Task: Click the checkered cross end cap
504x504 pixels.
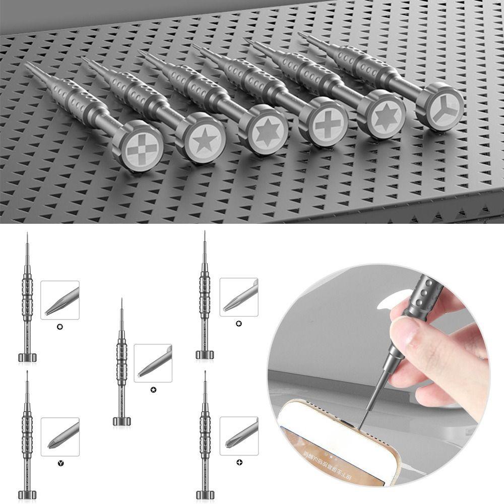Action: point(138,147)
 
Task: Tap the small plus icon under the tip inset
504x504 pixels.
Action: point(238,462)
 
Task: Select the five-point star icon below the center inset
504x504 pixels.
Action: point(153,389)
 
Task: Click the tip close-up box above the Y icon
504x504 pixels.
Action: point(60,436)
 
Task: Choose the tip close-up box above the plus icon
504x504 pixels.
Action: point(239,436)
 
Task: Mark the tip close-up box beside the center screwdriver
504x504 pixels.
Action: point(153,363)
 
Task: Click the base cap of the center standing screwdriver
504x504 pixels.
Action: point(121,421)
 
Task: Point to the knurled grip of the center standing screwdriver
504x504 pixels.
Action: point(121,363)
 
